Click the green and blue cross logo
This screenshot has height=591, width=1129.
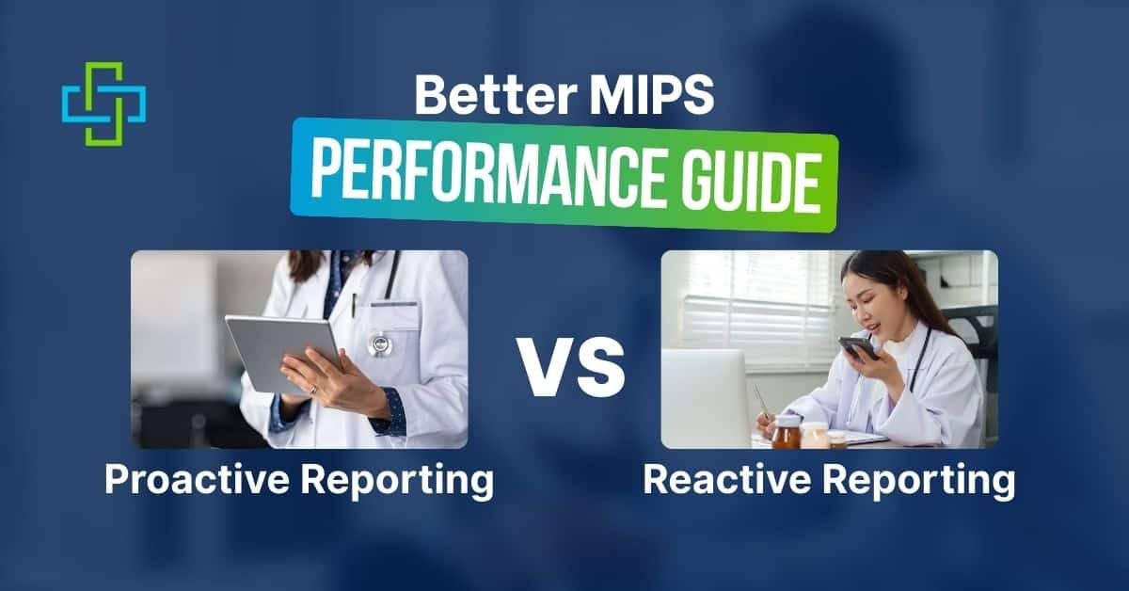(x=103, y=104)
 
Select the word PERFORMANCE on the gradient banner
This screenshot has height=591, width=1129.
(x=500, y=174)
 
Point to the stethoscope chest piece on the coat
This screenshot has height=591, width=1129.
(x=380, y=344)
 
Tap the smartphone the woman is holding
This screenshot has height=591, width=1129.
(x=857, y=348)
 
